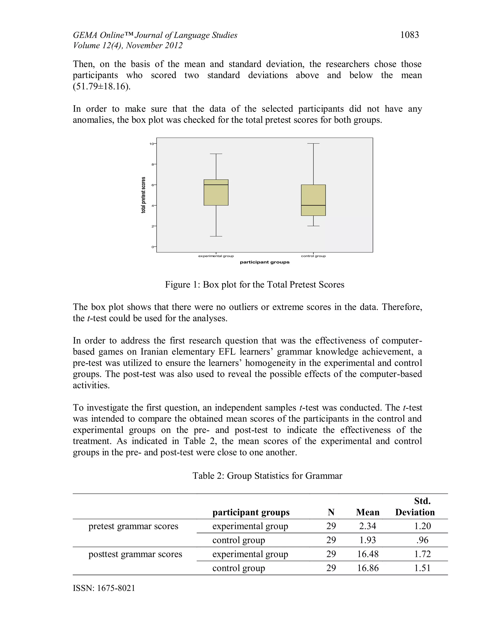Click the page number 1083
409,35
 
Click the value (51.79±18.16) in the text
102,87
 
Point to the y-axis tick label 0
153,247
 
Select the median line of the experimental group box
216,185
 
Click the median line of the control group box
313,205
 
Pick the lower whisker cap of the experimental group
216,236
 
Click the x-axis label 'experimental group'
216,256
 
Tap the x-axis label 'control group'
313,256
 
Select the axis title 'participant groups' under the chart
264,262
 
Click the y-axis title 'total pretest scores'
143,195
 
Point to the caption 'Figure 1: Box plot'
254,284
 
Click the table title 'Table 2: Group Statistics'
267,476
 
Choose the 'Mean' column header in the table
367,513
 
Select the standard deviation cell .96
422,540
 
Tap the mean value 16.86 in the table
368,568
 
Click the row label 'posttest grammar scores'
135,554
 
